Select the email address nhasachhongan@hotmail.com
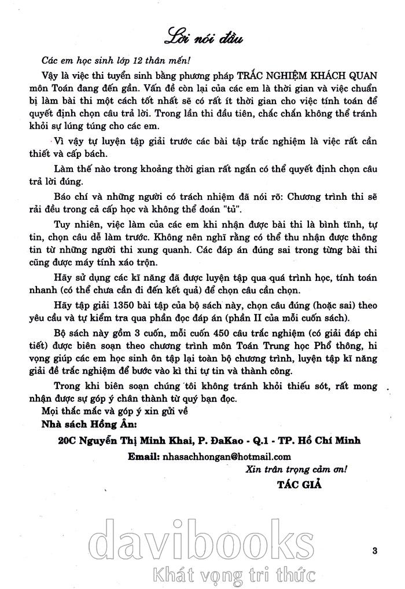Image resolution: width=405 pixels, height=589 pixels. (226, 456)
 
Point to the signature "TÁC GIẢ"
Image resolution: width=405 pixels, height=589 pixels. (299, 484)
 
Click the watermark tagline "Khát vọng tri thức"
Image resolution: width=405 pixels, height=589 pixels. (233, 576)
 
